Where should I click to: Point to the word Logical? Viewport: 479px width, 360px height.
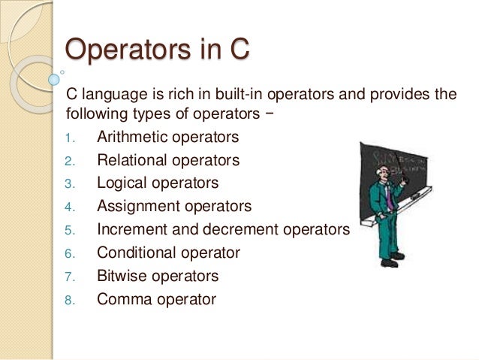coord(120,183)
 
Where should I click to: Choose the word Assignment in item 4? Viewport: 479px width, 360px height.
coord(135,206)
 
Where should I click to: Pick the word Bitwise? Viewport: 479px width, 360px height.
coord(121,276)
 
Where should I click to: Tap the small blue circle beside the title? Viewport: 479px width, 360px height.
coord(53,77)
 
